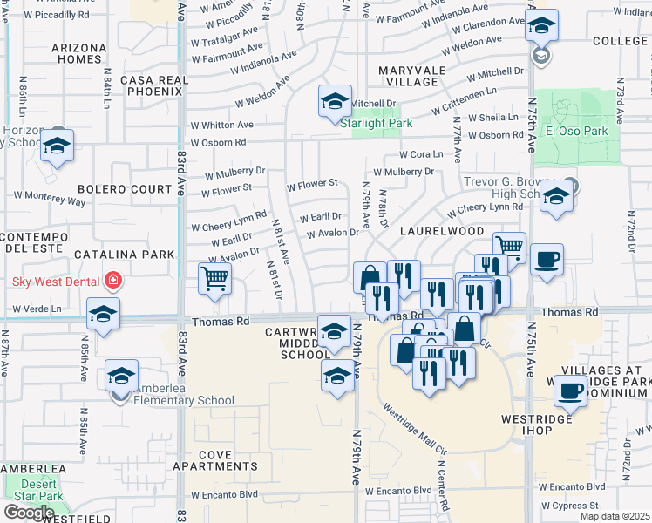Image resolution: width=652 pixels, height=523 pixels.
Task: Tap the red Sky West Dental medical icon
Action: [x=112, y=281]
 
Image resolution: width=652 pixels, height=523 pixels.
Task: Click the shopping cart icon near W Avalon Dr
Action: [x=214, y=279]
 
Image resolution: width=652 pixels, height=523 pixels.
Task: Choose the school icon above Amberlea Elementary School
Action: [x=122, y=376]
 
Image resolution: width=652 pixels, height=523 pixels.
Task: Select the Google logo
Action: [x=29, y=513]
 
